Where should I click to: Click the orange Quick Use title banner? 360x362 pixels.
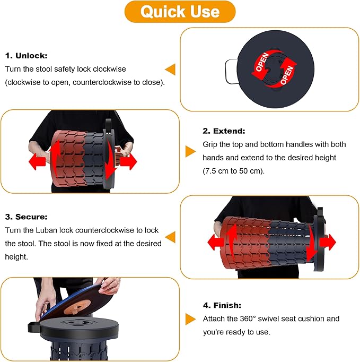pyautogui.click(x=180, y=12)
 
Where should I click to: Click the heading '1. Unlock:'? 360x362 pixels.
pyautogui.click(x=27, y=56)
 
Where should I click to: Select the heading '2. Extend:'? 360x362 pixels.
pyautogui.click(x=224, y=131)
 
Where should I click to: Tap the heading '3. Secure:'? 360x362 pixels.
pyautogui.click(x=27, y=217)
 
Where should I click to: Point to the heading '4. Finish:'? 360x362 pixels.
pyautogui.click(x=222, y=305)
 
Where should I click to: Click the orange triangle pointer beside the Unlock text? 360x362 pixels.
pyautogui.click(x=170, y=69)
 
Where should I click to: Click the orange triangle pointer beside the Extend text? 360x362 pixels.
pyautogui.click(x=190, y=151)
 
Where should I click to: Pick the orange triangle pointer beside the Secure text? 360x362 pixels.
pyautogui.click(x=170, y=237)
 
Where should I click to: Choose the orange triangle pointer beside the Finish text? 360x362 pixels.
pyautogui.click(x=190, y=319)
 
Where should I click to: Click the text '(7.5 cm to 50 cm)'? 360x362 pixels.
pyautogui.click(x=233, y=171)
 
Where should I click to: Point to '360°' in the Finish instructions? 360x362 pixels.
pyautogui.click(x=248, y=318)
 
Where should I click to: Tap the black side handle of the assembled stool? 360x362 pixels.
pyautogui.click(x=34, y=326)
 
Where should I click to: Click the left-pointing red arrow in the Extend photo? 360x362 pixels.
pyautogui.click(x=37, y=161)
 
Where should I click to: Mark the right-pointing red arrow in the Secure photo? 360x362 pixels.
pyautogui.click(x=328, y=242)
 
